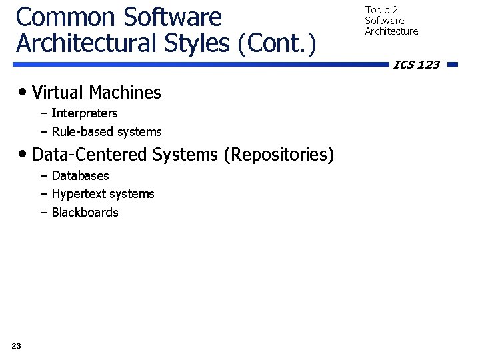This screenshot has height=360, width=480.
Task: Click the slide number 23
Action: [x=17, y=345]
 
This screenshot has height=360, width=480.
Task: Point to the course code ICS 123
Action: [x=417, y=65]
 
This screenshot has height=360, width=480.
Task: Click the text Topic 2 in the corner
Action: [x=381, y=10]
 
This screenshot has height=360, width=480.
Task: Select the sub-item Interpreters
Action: [x=84, y=113]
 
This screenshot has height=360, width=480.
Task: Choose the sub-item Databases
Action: [x=80, y=176]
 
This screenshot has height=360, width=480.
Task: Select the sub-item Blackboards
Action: [x=85, y=213]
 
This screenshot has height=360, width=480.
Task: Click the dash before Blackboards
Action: [x=44, y=213]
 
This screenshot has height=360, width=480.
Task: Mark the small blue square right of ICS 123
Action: [x=453, y=65]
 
